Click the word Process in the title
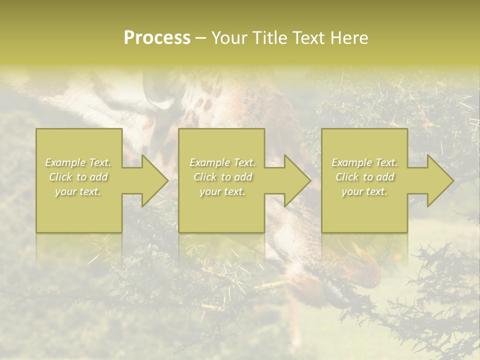pyautogui.click(x=157, y=38)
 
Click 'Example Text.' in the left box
pyautogui.click(x=78, y=162)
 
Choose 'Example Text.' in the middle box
pyautogui.click(x=222, y=162)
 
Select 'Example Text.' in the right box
pyautogui.click(x=364, y=162)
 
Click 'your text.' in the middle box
pyautogui.click(x=222, y=191)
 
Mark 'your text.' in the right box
pyautogui.click(x=364, y=191)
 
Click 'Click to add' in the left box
pyautogui.click(x=78, y=177)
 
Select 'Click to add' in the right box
pyautogui.click(x=365, y=177)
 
